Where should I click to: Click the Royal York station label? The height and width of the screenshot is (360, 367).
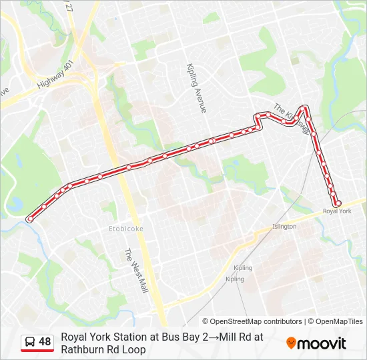(336, 211)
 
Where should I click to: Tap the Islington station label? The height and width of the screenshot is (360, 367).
(284, 227)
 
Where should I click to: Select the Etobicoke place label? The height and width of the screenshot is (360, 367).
(125, 229)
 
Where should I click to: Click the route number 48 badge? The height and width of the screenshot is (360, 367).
(45, 342)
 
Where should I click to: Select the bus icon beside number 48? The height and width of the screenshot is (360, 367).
(31, 342)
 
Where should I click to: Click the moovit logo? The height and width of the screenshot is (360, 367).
(316, 343)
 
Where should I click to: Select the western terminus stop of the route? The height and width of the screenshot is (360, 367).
(30, 219)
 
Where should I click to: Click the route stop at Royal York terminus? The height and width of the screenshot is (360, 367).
(338, 203)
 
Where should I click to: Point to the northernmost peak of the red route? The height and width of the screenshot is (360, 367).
(304, 107)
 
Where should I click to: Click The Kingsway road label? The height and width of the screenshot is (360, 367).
(292, 117)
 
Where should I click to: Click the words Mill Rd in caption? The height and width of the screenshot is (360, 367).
(227, 337)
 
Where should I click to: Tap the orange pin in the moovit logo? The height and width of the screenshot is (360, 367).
(292, 343)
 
